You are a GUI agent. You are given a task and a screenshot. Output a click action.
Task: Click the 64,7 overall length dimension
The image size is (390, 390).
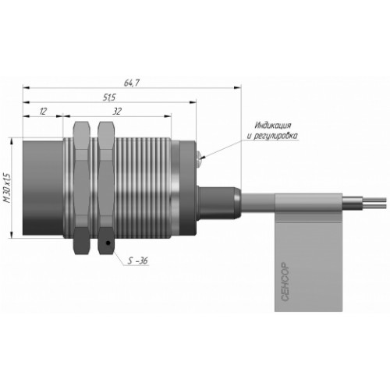pyautogui.click(x=132, y=83)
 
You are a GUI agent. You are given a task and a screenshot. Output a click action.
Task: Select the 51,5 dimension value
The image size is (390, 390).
pyautogui.click(x=109, y=97)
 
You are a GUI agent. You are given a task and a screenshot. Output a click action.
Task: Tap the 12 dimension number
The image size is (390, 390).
pyautogui.click(x=43, y=112)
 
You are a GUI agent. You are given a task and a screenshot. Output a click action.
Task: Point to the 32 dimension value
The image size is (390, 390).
pyautogui.click(x=117, y=112)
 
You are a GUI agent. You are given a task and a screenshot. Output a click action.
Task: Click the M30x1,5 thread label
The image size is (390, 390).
pyautogui.click(x=8, y=187)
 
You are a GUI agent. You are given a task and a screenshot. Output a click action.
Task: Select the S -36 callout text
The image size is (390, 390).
pyautogui.click(x=138, y=261)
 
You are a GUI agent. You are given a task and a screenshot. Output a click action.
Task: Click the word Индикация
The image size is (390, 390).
pyautogui.click(x=273, y=126)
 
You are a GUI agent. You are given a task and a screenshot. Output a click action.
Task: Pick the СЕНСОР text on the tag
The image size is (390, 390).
pyautogui.click(x=285, y=282)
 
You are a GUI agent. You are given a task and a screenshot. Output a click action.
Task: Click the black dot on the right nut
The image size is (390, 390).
pyautogui.click(x=108, y=243)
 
